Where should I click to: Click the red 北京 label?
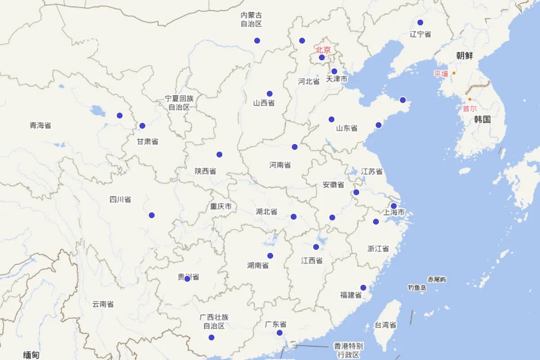323,49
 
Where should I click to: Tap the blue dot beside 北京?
322,58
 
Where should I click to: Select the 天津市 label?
337,79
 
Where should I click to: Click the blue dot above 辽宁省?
420,22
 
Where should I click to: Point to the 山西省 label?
264,103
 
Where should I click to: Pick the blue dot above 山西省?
270,94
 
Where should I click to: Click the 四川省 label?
120,199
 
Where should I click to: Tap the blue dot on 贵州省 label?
187,279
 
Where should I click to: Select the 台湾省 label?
385,325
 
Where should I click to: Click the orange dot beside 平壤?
454,73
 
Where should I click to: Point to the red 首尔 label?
469,108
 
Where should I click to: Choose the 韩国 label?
482,120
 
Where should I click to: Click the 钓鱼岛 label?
417,287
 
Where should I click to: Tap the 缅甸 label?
31,355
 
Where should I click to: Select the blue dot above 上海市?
393,206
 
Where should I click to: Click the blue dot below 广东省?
279,333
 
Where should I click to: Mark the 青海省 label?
40,125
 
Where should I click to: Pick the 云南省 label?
103,304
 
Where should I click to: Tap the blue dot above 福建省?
363,288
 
